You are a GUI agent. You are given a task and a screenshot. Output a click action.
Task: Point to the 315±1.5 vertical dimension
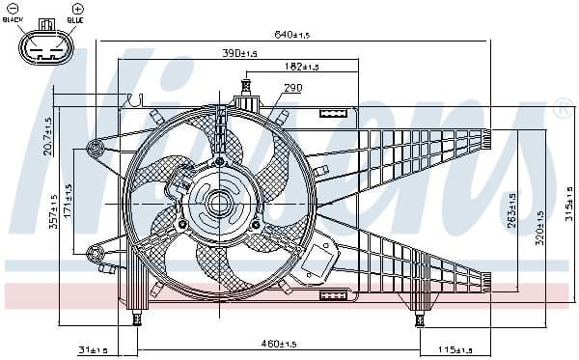(x=569, y=203)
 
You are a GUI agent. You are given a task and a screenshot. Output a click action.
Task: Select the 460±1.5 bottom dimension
(x=278, y=345)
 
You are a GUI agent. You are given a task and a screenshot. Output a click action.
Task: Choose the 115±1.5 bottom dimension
(x=455, y=348)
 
